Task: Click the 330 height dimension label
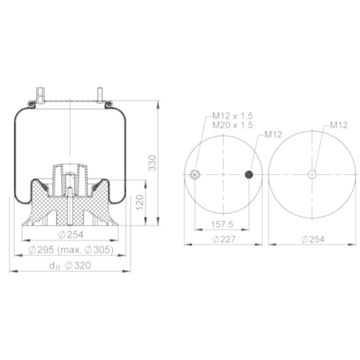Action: point(153,163)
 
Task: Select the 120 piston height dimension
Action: point(140,202)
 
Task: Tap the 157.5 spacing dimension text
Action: point(222,225)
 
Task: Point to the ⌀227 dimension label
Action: point(224,239)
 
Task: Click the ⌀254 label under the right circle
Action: point(312,239)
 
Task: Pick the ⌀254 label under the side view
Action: point(71,235)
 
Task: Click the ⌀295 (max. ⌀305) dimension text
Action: point(71,250)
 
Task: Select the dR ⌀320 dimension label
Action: point(70,266)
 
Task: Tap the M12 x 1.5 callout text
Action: point(233,116)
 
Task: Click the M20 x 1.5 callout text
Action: point(233,125)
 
